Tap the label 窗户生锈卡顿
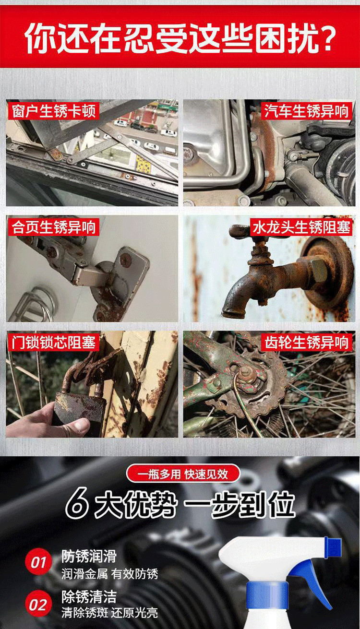(x=53, y=111)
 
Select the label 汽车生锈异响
(x=306, y=111)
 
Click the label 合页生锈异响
(x=53, y=227)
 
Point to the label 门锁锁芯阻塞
(x=53, y=343)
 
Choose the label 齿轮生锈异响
(x=306, y=343)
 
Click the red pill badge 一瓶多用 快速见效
(x=183, y=475)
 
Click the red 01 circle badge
(x=38, y=562)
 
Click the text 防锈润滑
(x=89, y=557)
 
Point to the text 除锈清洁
(x=89, y=597)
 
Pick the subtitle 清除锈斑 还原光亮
(x=109, y=613)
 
